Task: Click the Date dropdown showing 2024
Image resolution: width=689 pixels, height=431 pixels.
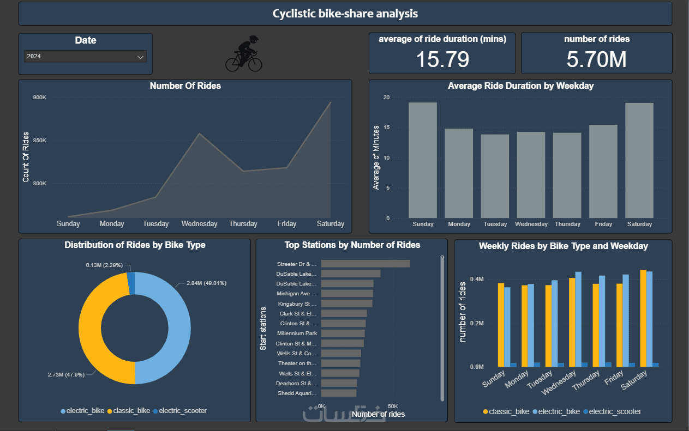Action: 85,56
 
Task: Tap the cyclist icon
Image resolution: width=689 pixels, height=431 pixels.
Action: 244,53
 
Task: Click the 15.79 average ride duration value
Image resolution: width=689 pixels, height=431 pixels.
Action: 442,59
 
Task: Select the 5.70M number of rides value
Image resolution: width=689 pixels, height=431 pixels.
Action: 596,59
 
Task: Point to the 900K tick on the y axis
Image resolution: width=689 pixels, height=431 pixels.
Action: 40,98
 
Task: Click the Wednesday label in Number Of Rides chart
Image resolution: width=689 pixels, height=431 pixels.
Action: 199,224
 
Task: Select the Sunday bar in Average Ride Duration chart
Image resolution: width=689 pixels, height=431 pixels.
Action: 423,160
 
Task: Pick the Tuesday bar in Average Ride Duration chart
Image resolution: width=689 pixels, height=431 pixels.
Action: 495,176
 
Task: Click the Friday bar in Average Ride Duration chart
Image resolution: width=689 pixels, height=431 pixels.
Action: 603,172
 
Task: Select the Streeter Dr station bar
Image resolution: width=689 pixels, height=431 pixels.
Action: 366,264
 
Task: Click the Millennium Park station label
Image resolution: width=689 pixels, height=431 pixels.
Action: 297,333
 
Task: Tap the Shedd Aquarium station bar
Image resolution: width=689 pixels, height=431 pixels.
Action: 338,393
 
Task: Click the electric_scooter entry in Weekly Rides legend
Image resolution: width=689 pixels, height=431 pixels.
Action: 612,411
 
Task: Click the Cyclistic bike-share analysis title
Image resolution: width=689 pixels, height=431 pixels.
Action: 345,14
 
